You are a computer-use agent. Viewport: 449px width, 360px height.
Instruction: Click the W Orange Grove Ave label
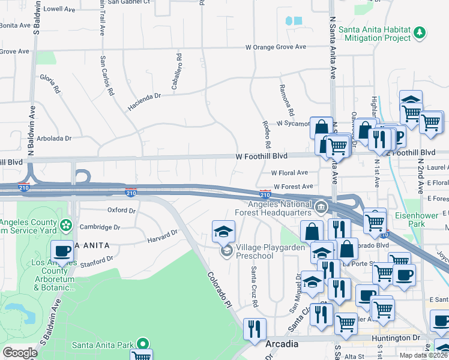point(276,47)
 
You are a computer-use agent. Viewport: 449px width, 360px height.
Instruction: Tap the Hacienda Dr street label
point(145,101)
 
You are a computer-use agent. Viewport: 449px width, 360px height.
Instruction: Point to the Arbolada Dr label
point(53,138)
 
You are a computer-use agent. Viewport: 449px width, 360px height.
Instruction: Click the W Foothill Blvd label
point(268,157)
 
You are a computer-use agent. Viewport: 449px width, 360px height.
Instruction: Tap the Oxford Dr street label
point(121,210)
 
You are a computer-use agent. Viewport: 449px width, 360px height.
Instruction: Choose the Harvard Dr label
point(163,236)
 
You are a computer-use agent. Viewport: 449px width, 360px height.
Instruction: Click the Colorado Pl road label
point(220,287)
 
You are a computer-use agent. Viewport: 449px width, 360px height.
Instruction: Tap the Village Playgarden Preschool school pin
point(226,251)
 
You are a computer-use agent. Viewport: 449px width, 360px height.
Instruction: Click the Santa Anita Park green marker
point(142,344)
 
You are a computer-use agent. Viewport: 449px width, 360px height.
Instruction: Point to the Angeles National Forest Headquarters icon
point(321,208)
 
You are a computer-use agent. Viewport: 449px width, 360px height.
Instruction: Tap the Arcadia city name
point(282,344)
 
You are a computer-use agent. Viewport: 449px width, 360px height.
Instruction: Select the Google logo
point(20,353)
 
